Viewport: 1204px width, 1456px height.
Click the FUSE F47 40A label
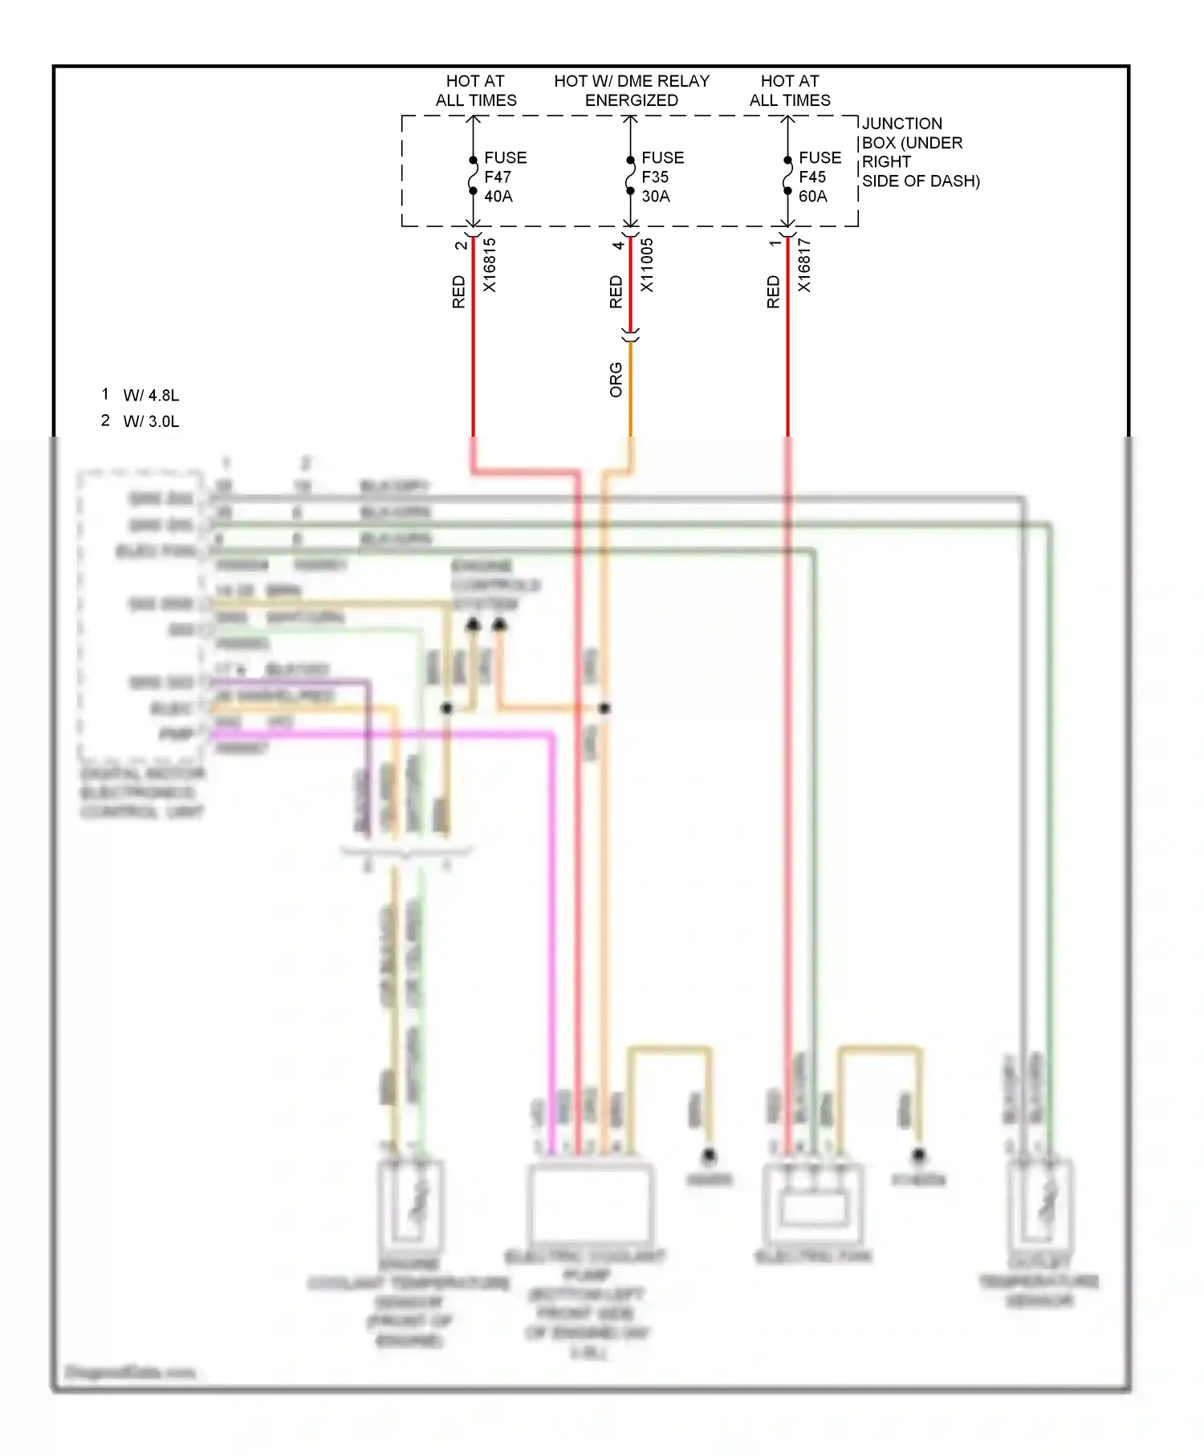tap(504, 177)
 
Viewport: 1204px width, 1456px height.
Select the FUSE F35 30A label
tap(661, 177)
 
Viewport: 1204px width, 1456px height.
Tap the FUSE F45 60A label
tap(819, 177)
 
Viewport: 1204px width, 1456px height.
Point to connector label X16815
tap(490, 266)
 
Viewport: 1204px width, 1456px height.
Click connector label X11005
tap(647, 266)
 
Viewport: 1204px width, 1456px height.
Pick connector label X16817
tap(804, 266)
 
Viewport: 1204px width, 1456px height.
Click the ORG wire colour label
tap(616, 380)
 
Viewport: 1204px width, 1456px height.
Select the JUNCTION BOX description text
tap(919, 153)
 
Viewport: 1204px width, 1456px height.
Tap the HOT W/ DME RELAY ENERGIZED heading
tap(632, 91)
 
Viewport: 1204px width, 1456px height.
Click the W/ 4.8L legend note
tap(151, 395)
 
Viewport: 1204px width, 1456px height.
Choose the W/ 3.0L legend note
tap(151, 421)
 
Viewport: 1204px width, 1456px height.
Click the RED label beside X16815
tap(458, 292)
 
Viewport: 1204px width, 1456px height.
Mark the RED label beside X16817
tap(773, 292)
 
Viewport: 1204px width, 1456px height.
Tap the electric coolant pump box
tap(590, 1202)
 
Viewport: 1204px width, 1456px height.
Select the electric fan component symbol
tap(812, 1204)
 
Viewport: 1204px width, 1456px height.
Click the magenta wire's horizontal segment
tap(385, 734)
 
